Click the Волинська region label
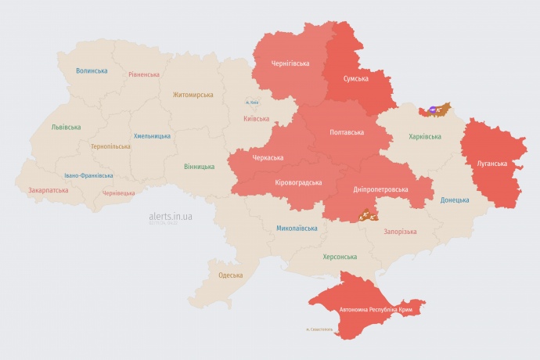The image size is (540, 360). pos(92,70)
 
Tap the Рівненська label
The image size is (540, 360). pos(145,74)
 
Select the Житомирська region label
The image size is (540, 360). pos(193,95)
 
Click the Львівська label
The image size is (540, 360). pos(65,127)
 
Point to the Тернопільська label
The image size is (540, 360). pos(112,146)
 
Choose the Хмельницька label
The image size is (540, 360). pos(152,135)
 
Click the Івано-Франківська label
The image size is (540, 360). pos(88,175)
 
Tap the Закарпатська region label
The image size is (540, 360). pos(47,189)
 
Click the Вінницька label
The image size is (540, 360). pos(199,167)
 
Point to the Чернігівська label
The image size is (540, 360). pos(290,63)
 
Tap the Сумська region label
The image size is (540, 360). pos(361,79)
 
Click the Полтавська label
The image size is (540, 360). pos(346,131)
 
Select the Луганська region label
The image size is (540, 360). pos(492,164)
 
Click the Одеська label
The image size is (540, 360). pos(230,275)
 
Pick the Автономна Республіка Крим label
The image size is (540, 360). pos(376,310)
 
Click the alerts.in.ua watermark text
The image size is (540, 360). pos(171,217)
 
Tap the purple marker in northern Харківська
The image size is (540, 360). pos(435,110)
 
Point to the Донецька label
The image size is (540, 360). pos(455,200)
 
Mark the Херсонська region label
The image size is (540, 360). pos(340,257)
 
